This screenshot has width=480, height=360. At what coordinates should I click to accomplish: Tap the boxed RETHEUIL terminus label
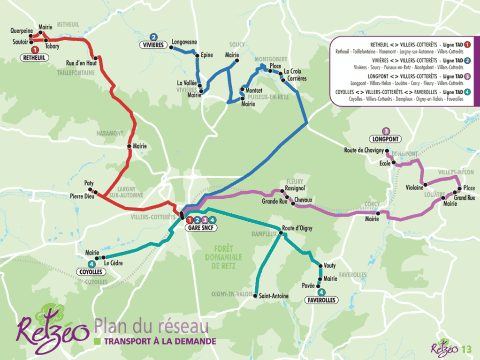click(x=34, y=58)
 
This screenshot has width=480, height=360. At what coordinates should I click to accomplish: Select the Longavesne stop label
click(x=184, y=42)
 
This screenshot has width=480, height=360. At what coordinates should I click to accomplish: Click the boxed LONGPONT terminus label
click(x=386, y=139)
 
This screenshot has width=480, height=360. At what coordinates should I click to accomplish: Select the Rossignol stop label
click(x=295, y=188)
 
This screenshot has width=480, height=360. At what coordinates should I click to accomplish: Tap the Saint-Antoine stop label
click(x=274, y=296)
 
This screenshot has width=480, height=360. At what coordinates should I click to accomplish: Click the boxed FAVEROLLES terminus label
click(x=321, y=300)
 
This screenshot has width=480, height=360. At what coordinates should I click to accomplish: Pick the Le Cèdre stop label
click(x=113, y=263)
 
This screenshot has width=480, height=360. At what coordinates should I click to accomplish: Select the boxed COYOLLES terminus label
click(x=91, y=272)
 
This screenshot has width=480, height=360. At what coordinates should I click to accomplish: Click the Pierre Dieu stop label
click(x=82, y=196)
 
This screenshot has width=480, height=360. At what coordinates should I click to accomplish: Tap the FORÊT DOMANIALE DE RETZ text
click(x=223, y=257)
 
